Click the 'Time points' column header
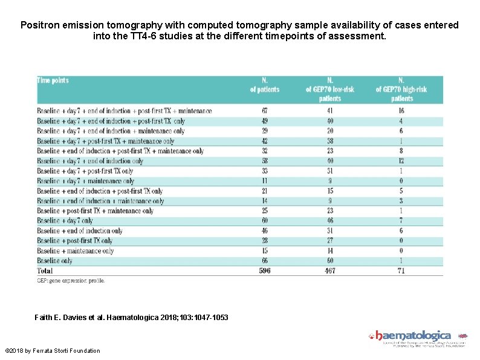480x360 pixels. click(53, 80)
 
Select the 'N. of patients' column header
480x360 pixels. click(265, 85)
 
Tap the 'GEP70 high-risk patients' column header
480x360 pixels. click(401, 90)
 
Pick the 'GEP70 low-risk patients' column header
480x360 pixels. click(329, 90)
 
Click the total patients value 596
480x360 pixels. click(265, 270)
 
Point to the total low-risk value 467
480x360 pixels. click(329, 270)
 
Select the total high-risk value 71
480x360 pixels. click(401, 270)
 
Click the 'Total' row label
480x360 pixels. click(45, 270)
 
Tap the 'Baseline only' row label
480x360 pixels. click(54, 261)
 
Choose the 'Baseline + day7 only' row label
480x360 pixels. click(65, 221)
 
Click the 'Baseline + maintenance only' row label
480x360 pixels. click(75, 250)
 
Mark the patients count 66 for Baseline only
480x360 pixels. click(265, 261)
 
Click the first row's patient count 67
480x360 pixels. click(265, 111)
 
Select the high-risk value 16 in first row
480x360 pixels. click(401, 111)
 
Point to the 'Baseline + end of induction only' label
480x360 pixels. click(79, 231)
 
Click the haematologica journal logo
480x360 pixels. click(414, 336)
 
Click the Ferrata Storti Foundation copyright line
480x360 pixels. click(52, 351)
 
